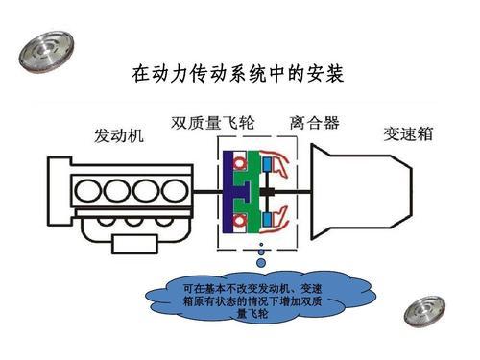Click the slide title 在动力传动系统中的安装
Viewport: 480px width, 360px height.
click(236, 72)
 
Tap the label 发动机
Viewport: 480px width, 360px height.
click(119, 136)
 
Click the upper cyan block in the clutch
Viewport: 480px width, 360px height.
click(266, 166)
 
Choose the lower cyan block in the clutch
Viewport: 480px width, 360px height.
click(266, 207)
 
